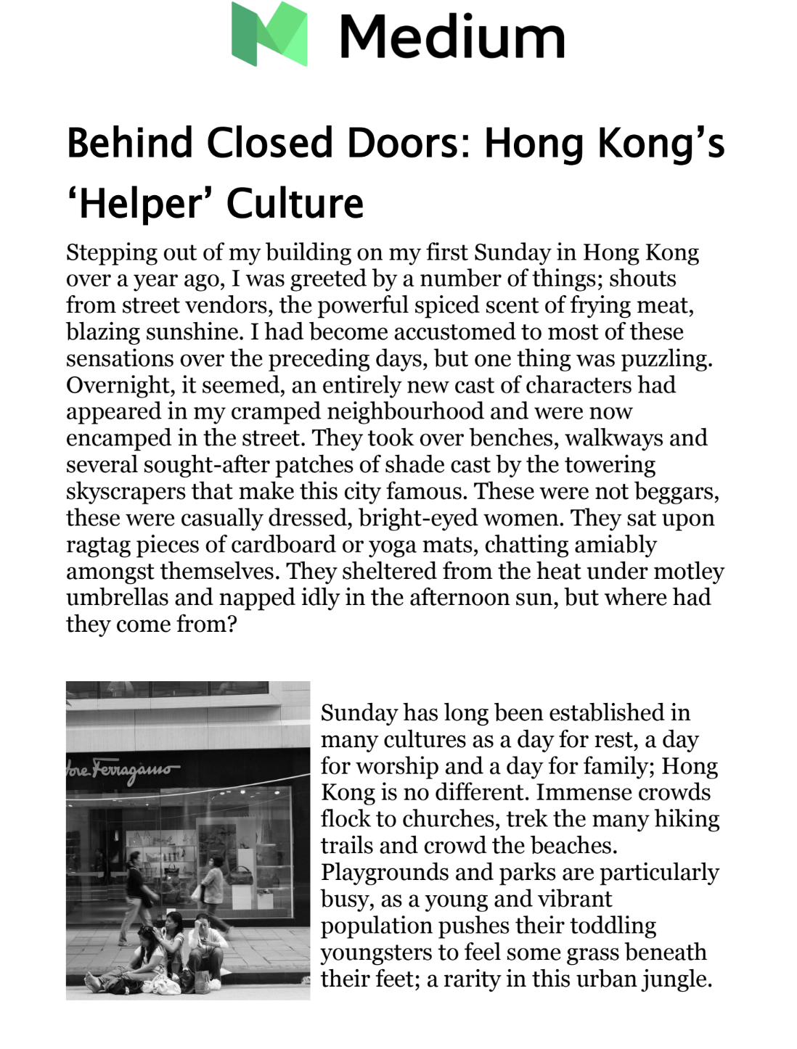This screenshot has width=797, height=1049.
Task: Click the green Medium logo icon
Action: click(269, 34)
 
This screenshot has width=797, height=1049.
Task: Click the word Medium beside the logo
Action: click(451, 37)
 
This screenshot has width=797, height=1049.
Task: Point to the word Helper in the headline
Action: click(142, 204)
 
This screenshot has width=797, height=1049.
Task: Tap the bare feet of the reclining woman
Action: click(93, 983)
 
